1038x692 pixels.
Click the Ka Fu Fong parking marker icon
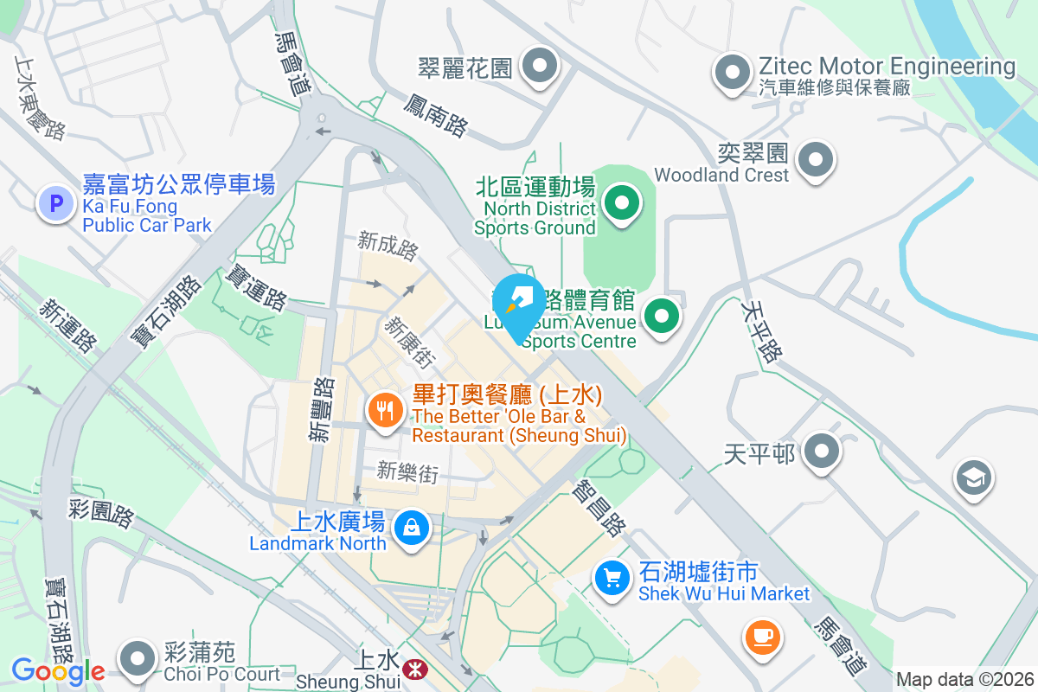pyautogui.click(x=56, y=204)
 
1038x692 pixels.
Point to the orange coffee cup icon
pyautogui.click(x=761, y=637)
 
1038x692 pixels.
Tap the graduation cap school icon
pyautogui.click(x=974, y=477)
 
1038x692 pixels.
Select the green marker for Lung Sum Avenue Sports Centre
pyautogui.click(x=663, y=316)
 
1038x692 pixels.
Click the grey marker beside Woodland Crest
pyautogui.click(x=815, y=159)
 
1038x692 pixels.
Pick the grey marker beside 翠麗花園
pyautogui.click(x=541, y=66)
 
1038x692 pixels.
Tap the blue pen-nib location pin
pyautogui.click(x=519, y=304)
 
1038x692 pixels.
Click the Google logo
pyautogui.click(x=58, y=670)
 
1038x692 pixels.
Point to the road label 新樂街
pyautogui.click(x=408, y=471)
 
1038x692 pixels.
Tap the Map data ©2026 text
pyautogui.click(x=964, y=679)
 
